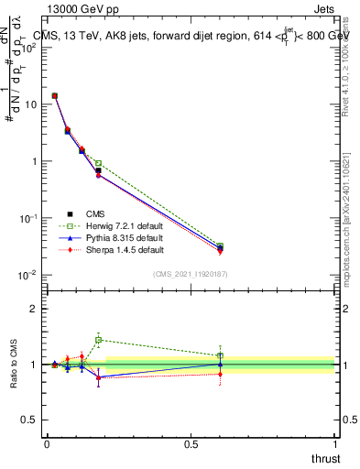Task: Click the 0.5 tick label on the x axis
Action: [x=191, y=443]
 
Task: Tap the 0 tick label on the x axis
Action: [x=47, y=443]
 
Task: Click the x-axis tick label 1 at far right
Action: [x=334, y=443]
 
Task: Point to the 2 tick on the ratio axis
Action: [x=35, y=309]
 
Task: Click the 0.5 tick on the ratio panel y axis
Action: [x=30, y=420]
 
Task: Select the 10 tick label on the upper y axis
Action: [x=31, y=104]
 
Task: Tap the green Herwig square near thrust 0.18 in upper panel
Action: [x=98, y=163]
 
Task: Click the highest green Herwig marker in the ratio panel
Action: [x=98, y=339]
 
